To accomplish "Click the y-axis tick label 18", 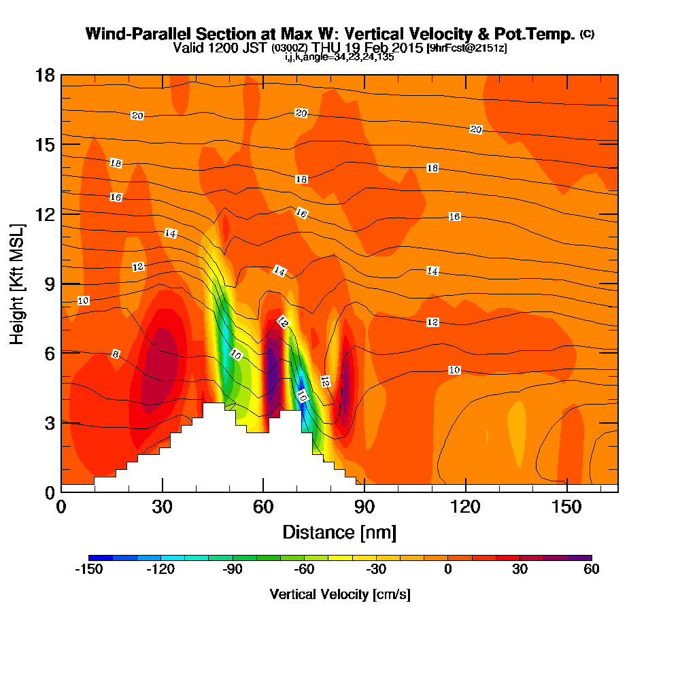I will (x=45, y=75).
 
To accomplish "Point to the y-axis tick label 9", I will (x=49, y=284).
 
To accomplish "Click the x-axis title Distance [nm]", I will (x=339, y=532).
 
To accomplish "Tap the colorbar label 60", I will (x=591, y=570).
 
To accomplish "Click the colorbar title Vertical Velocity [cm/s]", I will (x=340, y=594).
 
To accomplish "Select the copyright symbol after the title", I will (x=588, y=33).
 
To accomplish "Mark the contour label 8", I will (x=116, y=354).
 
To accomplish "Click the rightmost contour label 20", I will (x=476, y=129).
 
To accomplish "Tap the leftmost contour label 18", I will (x=116, y=163).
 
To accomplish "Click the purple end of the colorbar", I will (x=586, y=557).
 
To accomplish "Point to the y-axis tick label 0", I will (x=49, y=492).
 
